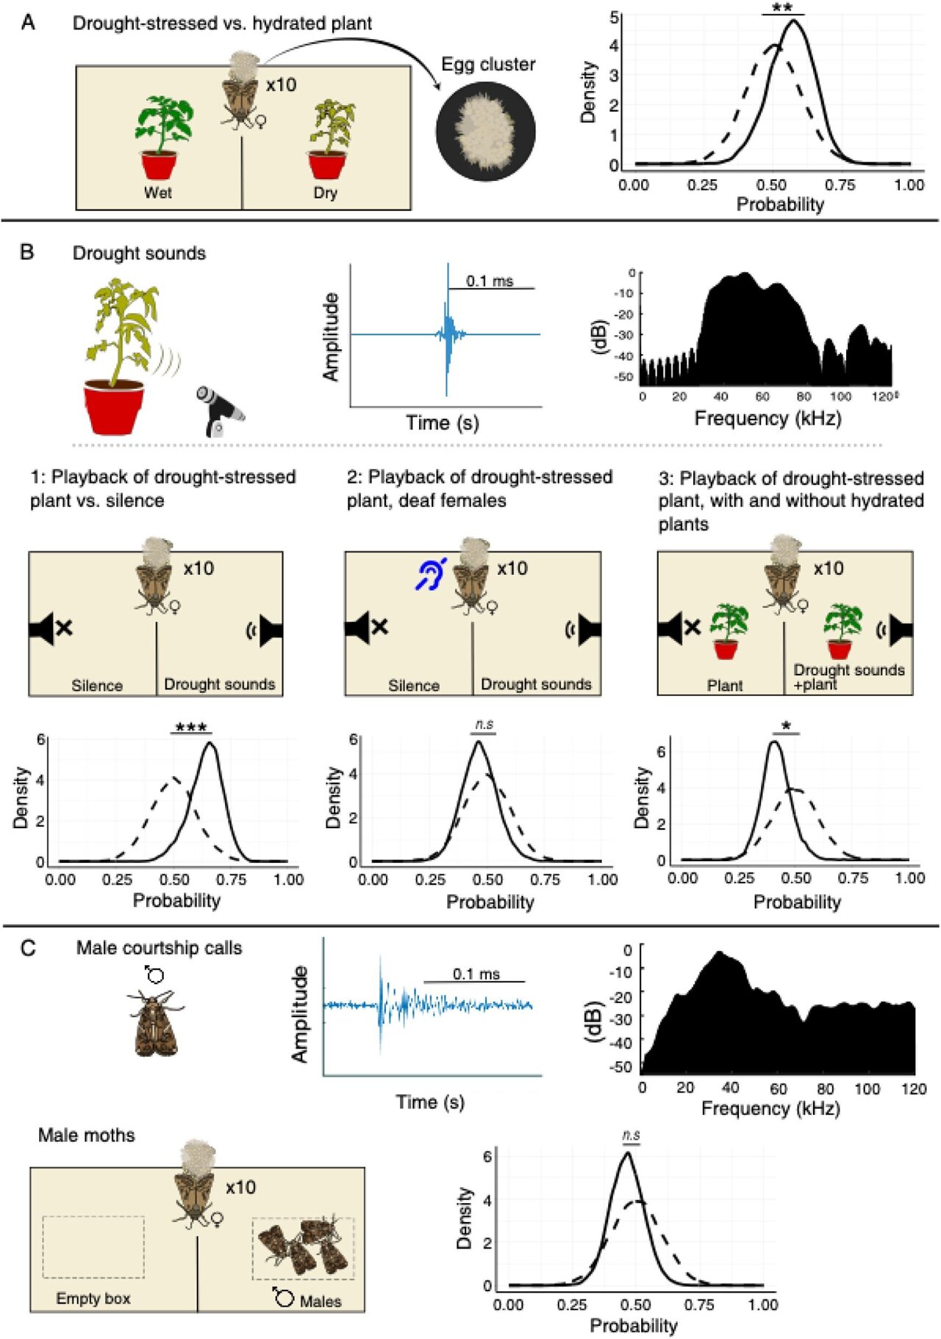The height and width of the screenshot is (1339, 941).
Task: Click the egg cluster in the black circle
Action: coord(485,132)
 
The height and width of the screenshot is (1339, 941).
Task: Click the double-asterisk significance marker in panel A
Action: coord(782,9)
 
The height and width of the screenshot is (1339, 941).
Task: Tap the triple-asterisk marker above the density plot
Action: coord(191,728)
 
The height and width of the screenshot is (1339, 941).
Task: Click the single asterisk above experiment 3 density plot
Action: coord(787,726)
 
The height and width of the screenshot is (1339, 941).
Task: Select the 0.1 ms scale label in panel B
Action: coord(490,281)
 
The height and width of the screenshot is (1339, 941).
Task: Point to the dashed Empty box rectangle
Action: coord(93,1246)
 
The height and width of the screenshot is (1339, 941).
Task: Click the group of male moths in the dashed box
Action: coord(303,1246)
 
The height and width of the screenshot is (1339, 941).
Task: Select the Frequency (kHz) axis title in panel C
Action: coord(770,1108)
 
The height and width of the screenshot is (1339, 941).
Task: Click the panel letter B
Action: coord(27,253)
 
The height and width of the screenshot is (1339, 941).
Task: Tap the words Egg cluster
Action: coord(488,65)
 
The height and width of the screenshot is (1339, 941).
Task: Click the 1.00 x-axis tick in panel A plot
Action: coord(909,185)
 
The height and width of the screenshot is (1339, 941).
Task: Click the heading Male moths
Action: coord(87,1135)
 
